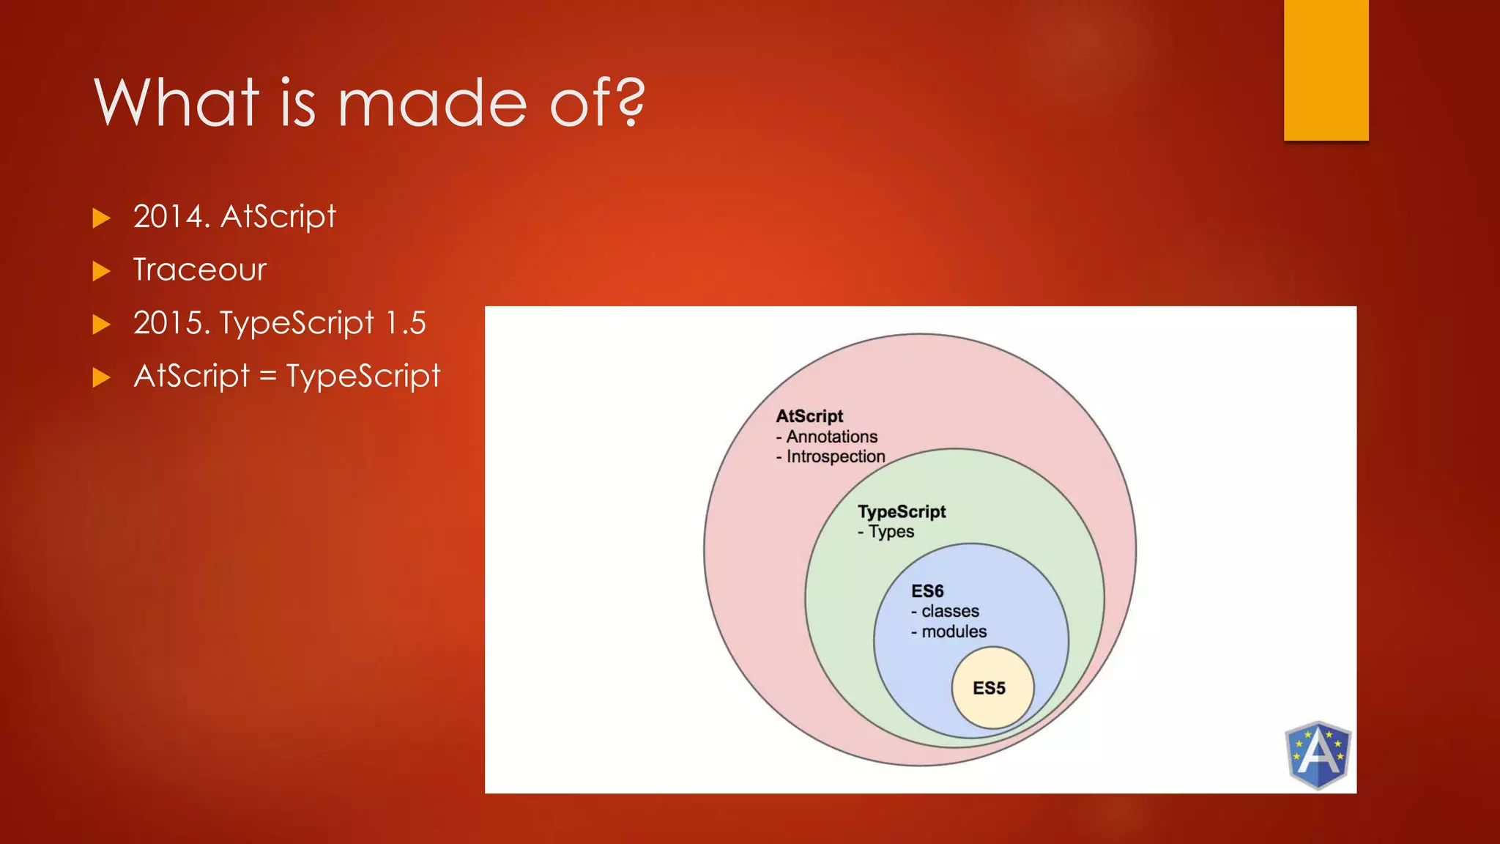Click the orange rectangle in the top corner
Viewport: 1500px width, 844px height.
[x=1326, y=70]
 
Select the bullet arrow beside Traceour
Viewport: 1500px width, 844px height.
[x=102, y=271]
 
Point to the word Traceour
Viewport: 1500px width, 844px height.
[x=199, y=270]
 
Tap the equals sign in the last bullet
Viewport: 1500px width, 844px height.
[x=268, y=377]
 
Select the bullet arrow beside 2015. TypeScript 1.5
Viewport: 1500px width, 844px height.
[x=102, y=325]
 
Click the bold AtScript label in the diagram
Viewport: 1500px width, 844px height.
[x=809, y=416]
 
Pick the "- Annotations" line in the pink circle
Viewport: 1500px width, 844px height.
[x=827, y=437]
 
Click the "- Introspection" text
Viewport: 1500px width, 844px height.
[x=831, y=456]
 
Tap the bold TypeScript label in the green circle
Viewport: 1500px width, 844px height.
[x=902, y=511]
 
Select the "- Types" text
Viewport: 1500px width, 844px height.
[x=885, y=532]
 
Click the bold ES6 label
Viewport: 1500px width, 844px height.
[x=927, y=591]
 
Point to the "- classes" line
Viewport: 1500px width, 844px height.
[x=945, y=611]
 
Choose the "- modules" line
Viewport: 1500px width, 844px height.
[x=948, y=632]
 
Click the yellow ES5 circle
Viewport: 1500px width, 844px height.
[x=992, y=688]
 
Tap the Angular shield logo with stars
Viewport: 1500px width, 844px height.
[x=1318, y=755]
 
